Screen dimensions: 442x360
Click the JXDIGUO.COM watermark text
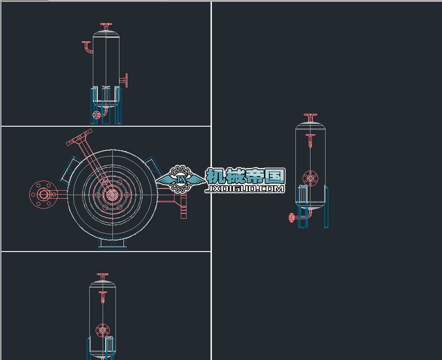[245, 188]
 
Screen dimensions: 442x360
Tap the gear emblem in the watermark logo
[180, 179]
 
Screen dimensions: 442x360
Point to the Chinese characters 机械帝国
[245, 176]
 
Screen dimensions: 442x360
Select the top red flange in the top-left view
[106, 24]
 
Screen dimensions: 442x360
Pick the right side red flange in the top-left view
[126, 80]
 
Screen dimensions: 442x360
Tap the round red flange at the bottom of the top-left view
[96, 115]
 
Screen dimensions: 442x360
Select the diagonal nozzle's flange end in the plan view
[79, 137]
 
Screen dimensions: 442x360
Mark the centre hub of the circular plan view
[112, 194]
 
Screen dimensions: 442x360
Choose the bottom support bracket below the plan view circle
[112, 244]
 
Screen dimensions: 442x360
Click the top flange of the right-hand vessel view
[311, 115]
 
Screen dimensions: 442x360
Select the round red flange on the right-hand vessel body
[311, 178]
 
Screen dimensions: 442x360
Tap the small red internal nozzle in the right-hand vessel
[311, 140]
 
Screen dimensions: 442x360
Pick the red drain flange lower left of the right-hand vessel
[291, 217]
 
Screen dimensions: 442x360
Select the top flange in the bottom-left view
[103, 274]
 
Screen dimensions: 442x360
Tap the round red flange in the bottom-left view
[103, 330]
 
